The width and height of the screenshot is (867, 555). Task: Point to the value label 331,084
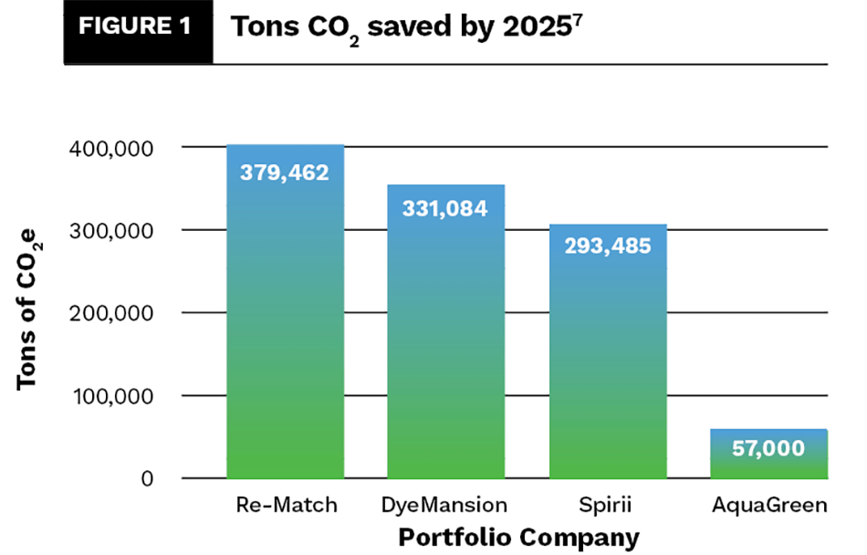click(x=446, y=208)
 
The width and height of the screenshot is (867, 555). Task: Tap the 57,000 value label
click(x=768, y=448)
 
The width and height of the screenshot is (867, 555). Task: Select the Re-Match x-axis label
click(x=286, y=504)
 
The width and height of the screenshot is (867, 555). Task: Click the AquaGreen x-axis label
click(x=768, y=504)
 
